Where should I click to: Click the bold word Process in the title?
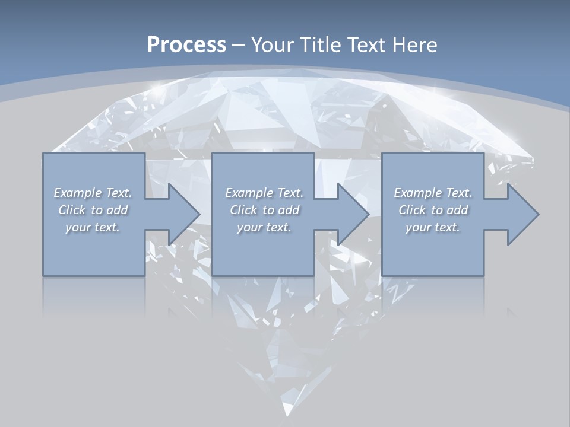[x=186, y=45]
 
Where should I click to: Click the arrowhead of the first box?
[x=184, y=214]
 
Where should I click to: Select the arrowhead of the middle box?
[x=353, y=214]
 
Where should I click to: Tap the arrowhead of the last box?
[x=522, y=214]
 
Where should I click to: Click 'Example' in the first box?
[x=77, y=193]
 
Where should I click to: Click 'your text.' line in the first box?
[x=93, y=227]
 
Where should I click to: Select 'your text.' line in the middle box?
[x=264, y=227]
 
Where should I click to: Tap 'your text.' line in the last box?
[x=433, y=227]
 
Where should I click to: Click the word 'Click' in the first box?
[x=72, y=210]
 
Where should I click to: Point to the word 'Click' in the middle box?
[x=243, y=210]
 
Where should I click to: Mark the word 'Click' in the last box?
[x=412, y=210]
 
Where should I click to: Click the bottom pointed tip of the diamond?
[x=287, y=413]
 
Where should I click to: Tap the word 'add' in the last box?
[x=457, y=210]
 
